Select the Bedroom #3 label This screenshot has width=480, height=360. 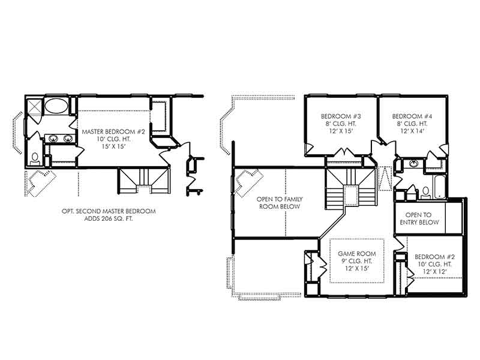[x=341, y=116]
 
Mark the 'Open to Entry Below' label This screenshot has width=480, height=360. [x=419, y=218]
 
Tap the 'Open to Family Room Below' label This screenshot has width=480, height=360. [x=278, y=203]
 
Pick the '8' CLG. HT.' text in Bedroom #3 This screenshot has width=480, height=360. [x=341, y=124]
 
